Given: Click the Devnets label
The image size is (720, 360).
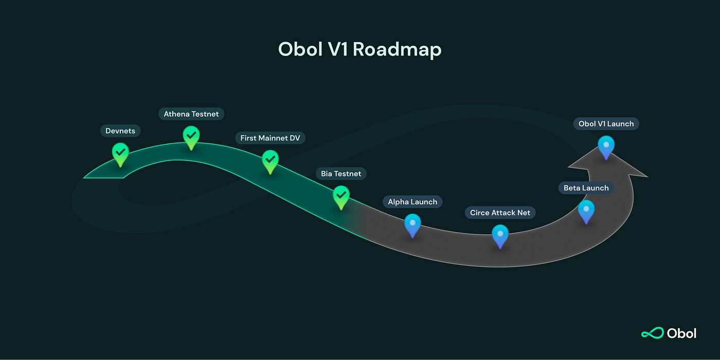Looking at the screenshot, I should point(120,131).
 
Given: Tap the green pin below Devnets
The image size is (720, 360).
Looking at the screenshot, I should point(120,153).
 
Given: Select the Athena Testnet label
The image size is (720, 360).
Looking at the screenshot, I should point(191,114).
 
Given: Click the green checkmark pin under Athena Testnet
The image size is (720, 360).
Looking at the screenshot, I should point(191,136).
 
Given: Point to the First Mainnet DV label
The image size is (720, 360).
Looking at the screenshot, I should point(270,138).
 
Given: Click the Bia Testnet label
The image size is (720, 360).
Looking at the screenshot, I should point(341,174).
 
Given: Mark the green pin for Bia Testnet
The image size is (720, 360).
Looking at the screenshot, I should point(341,196).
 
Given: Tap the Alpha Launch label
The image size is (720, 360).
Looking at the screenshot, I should point(412,202).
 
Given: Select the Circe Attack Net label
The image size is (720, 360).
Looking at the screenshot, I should point(500,213).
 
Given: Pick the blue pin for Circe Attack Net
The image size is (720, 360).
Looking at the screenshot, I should point(500,235).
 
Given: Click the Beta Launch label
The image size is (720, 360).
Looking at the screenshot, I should point(586,188).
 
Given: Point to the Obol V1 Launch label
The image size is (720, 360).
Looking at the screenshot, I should point(606,124).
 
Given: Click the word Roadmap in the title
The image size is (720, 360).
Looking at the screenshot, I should point(397,49).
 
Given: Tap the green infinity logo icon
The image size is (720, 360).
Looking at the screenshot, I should point(652,333).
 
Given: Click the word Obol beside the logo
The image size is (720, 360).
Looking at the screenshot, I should point(681,333).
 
